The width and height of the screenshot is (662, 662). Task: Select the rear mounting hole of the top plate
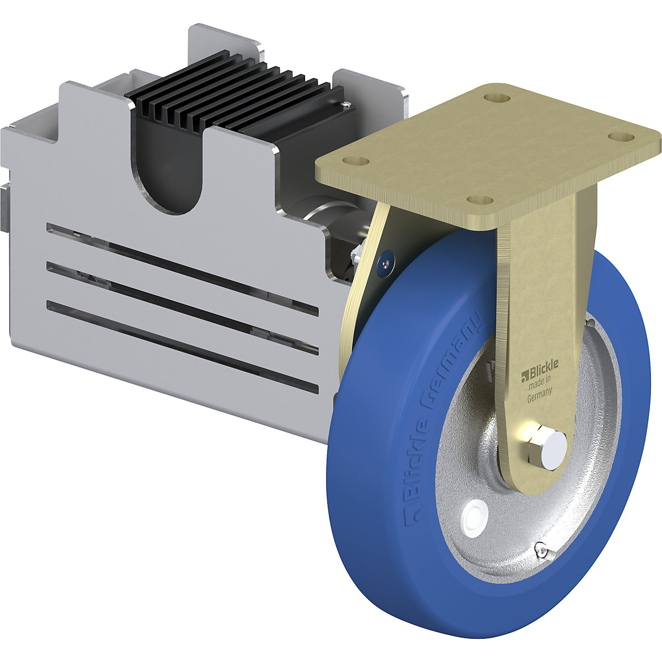coord(496,98)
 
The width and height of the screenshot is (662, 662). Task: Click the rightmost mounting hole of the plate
coord(621,137)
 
